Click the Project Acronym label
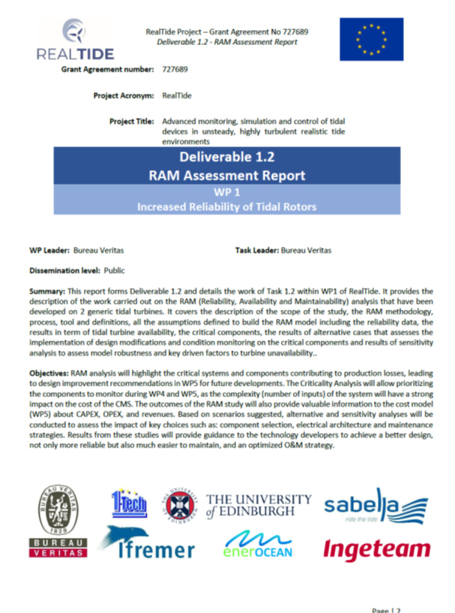point(124,96)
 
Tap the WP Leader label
point(49,250)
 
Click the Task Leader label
point(256,250)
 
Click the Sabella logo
point(375,506)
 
